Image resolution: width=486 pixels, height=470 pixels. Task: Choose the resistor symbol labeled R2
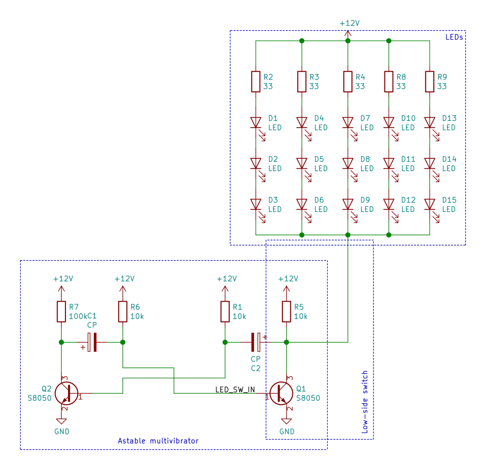256,81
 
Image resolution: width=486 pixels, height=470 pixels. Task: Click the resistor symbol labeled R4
348,81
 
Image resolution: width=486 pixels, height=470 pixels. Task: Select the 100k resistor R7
61,311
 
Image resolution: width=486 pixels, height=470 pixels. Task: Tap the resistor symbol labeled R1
225,311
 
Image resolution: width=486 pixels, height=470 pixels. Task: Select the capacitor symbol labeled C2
256,341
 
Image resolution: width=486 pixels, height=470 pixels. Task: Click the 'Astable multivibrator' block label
159,441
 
